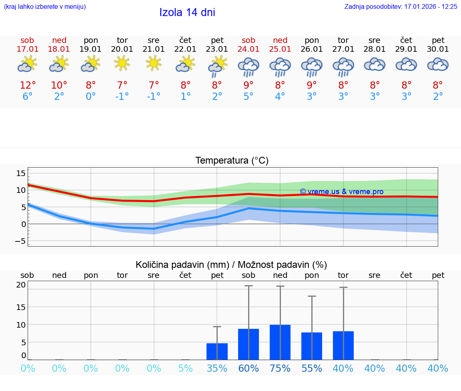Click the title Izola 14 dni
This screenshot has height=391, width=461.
click(x=187, y=12)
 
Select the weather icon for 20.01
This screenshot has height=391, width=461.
click(x=122, y=63)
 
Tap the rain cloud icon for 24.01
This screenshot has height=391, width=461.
click(x=249, y=67)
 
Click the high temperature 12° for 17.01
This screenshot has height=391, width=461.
click(x=28, y=85)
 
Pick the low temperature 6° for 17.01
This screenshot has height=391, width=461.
click(x=28, y=97)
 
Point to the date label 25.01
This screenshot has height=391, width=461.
click(x=280, y=49)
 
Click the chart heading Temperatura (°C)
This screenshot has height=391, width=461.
click(x=232, y=161)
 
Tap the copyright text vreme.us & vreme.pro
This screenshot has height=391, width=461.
click(x=342, y=192)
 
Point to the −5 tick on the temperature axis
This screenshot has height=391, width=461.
click(x=20, y=241)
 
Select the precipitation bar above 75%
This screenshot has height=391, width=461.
click(x=280, y=342)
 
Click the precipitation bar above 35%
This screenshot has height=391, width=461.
click(x=217, y=351)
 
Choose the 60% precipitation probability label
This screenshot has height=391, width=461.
click(x=249, y=369)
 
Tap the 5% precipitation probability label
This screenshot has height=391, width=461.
click(x=185, y=369)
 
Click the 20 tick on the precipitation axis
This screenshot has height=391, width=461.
click(x=21, y=285)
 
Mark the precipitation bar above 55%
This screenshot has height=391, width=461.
click(x=312, y=346)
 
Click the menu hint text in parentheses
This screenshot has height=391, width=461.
click(x=45, y=7)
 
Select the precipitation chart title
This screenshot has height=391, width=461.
click(x=231, y=265)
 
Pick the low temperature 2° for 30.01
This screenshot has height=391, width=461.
click(x=438, y=97)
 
